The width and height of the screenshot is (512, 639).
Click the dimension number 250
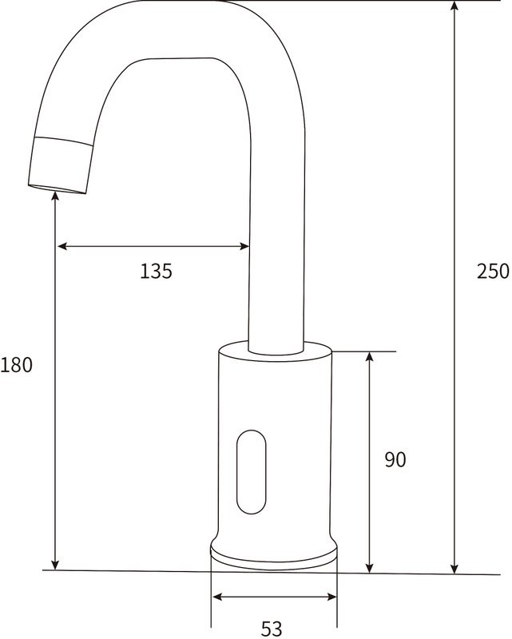pyautogui.click(x=492, y=272)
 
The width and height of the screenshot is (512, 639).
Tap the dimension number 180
pyautogui.click(x=16, y=366)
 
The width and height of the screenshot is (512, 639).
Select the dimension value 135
pyautogui.click(x=156, y=272)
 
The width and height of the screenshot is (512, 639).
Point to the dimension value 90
pyautogui.click(x=395, y=460)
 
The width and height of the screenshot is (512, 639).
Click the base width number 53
pyautogui.click(x=272, y=629)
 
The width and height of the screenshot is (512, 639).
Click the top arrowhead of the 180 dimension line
pyautogui.click(x=54, y=197)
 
